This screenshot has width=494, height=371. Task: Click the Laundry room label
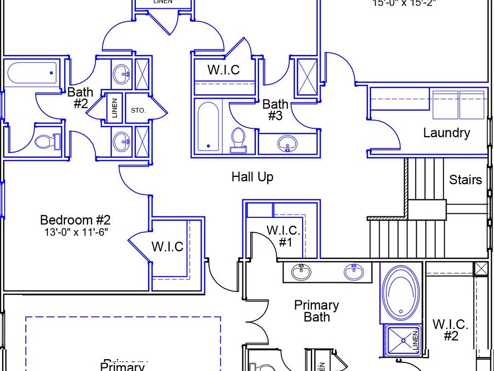coord(446,133)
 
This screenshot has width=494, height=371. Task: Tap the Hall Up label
coord(252,177)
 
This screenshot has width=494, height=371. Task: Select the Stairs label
coord(465,180)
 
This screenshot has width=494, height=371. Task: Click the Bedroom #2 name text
coord(75,221)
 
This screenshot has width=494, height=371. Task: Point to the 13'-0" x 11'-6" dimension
coord(75,232)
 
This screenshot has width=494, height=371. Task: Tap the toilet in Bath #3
coord(238,139)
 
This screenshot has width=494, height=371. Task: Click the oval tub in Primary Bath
coord(401,295)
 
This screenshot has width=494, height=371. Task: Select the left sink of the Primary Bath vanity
coord(301,271)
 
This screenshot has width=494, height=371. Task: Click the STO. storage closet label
coord(138,110)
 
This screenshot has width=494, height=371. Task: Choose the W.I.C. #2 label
coord(450,330)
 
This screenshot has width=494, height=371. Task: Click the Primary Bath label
coord(316,311)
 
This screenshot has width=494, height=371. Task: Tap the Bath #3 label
coord(275,110)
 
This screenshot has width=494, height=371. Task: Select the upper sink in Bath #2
coord(122,72)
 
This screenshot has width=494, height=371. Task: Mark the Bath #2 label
coord(81,97)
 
